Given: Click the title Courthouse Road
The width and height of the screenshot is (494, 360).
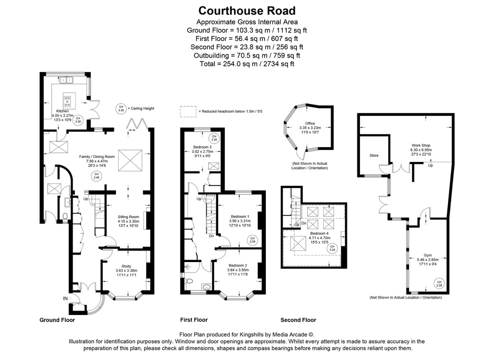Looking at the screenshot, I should tap(247, 10).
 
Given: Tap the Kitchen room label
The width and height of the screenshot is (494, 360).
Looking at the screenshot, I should tap(62, 110).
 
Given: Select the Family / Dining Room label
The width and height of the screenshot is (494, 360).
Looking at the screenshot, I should tap(97, 156).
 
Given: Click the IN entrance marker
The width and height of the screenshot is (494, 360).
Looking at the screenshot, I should tap(65, 298).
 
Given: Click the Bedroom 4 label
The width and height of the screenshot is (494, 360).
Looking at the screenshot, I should tap(319, 233).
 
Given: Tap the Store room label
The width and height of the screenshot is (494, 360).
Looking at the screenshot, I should tap(374, 155).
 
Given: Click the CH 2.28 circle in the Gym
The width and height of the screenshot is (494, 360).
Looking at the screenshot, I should tap(438, 284).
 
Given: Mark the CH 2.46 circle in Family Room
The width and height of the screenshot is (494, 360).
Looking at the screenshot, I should tap(96, 175).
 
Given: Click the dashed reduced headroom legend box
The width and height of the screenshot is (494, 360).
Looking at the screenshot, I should tap(188, 111).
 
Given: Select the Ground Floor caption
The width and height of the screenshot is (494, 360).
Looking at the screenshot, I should tap(57, 319).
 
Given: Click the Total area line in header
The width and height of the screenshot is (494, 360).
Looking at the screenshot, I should tap(247, 63).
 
